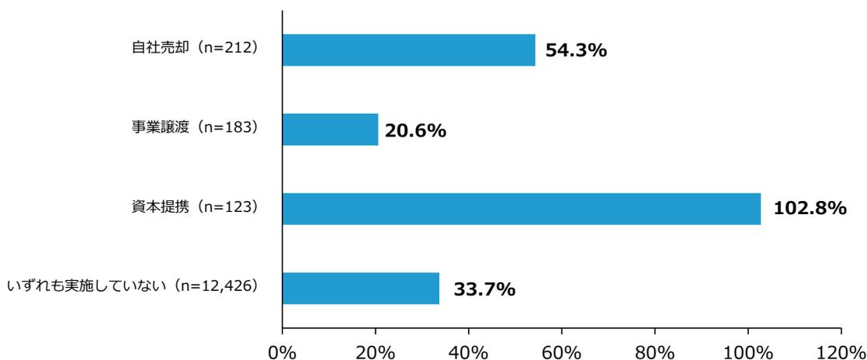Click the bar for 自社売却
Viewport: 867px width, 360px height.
tap(408, 50)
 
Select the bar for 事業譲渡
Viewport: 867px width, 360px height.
tap(330, 130)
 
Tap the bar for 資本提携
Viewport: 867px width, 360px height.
tap(521, 209)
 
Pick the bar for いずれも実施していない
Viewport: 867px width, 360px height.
tap(361, 288)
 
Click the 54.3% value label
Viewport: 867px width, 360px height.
tap(575, 51)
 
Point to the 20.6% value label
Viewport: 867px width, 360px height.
tap(415, 131)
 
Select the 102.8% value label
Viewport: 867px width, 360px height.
tap(810, 209)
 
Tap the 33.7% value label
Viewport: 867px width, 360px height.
tap(484, 289)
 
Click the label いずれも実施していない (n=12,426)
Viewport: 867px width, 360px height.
tap(132, 286)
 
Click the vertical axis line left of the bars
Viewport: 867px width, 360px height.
tap(282, 171)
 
